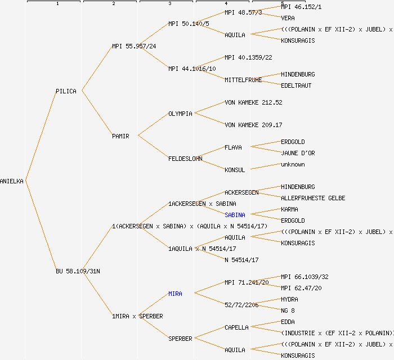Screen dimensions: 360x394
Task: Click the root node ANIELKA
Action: point(12,181)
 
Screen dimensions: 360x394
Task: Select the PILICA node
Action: point(66,91)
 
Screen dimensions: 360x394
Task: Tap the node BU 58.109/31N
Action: point(78,271)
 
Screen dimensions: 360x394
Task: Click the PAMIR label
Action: point(120,136)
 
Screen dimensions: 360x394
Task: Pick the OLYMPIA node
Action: point(180,114)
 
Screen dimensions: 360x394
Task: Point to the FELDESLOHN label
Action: point(185,159)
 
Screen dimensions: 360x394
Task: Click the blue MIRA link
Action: point(175,294)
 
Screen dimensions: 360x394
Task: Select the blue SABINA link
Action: point(235,215)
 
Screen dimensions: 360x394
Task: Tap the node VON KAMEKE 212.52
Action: point(253,102)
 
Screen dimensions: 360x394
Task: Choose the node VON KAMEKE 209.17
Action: point(253,125)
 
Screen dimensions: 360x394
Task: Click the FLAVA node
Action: point(233,147)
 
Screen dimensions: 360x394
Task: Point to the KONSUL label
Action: point(235,170)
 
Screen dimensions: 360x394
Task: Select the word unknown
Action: point(293,164)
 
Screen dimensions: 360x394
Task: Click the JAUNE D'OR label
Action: point(298,153)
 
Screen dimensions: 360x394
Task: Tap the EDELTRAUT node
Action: point(296,85)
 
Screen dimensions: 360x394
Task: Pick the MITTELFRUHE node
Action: point(243,80)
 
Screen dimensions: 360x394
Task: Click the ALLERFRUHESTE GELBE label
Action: point(313,198)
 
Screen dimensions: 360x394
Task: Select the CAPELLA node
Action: point(236,327)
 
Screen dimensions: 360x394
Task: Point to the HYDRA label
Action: point(289,299)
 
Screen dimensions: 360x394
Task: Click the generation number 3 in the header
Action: point(169,4)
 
